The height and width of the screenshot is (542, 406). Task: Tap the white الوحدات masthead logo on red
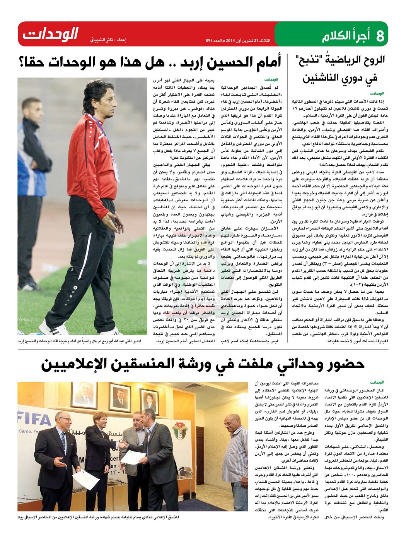[x=51, y=34]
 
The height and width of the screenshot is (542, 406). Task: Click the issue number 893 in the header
[x=210, y=40]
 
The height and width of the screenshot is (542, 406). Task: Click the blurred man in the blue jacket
[x=31, y=163]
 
